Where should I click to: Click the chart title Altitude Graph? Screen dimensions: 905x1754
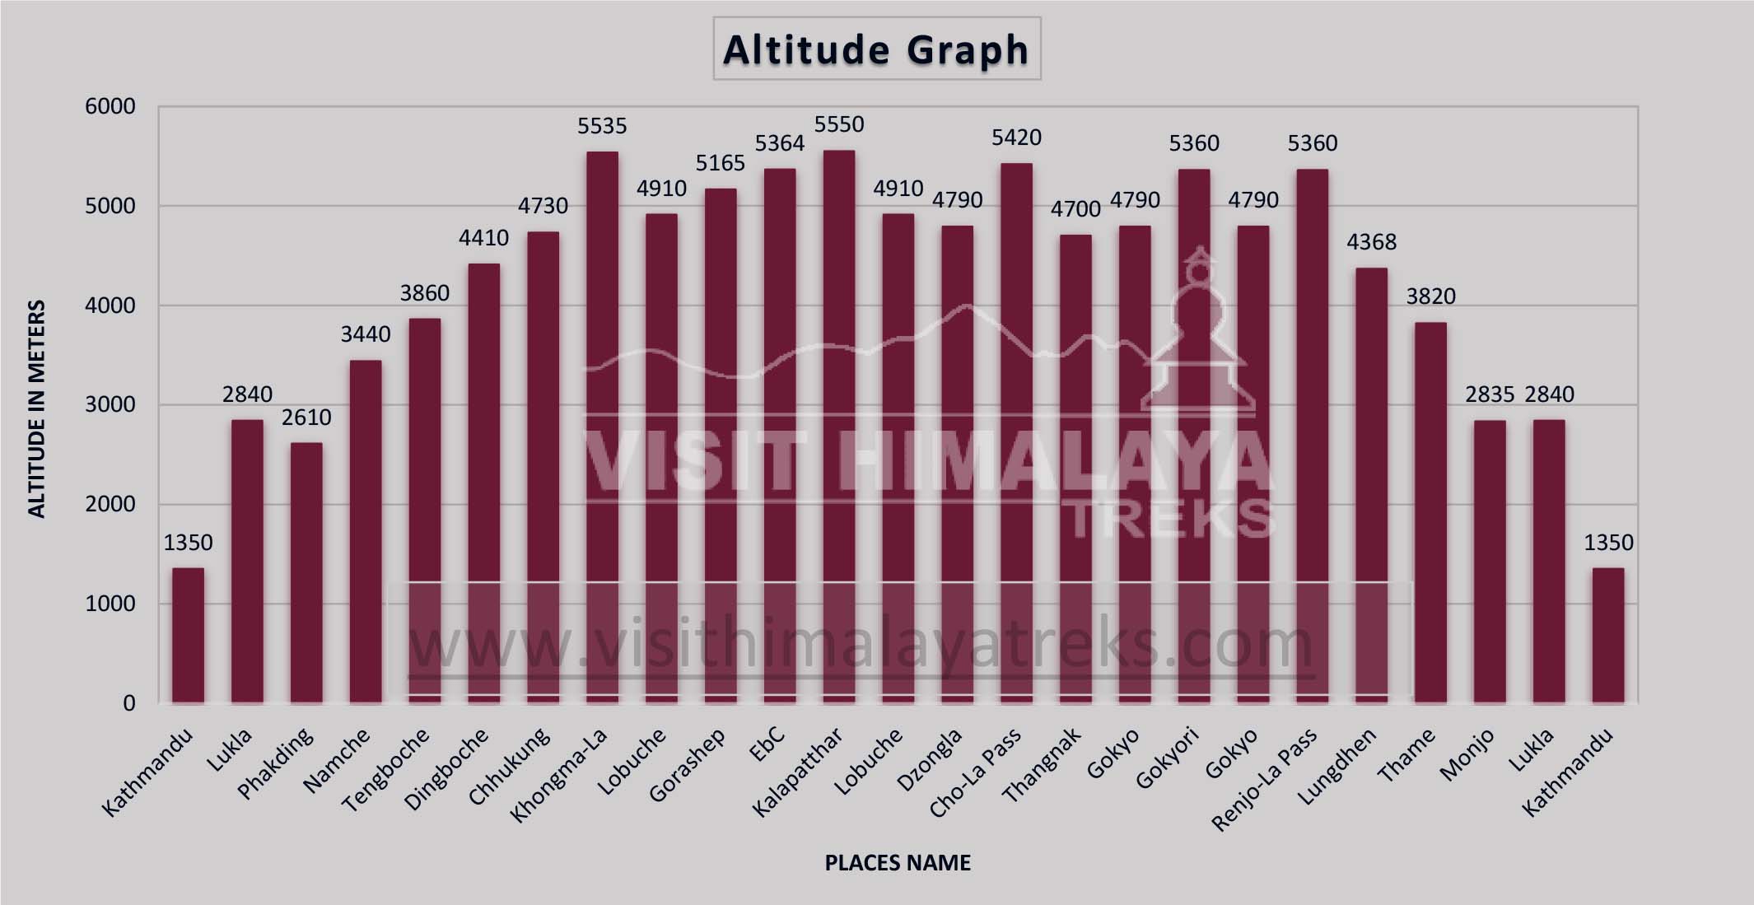[876, 49]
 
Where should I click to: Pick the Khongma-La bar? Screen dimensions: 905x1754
[602, 427]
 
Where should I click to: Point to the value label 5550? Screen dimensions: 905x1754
[839, 124]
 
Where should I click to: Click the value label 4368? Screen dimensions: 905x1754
[1371, 242]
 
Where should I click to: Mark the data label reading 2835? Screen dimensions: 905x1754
[1490, 394]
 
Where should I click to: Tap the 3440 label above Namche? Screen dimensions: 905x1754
[366, 334]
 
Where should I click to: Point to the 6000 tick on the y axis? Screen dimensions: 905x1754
[110, 106]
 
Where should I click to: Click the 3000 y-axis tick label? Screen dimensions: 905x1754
[110, 405]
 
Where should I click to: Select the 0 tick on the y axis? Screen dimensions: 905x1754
[129, 703]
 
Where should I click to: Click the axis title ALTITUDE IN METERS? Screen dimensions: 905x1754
[36, 409]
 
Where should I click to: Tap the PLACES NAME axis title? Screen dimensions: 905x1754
[898, 862]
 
